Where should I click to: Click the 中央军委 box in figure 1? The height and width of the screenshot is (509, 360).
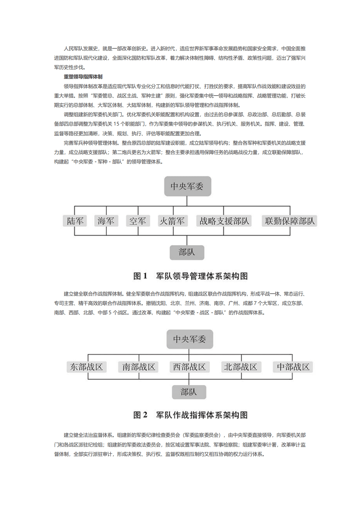point(187,186)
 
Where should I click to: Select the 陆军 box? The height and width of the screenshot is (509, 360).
point(75,221)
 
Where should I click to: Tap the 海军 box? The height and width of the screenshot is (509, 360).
point(106,221)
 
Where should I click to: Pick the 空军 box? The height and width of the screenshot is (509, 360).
point(138,221)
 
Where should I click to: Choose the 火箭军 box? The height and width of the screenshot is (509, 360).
point(172,221)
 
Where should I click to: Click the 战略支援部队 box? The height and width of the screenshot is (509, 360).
point(224,221)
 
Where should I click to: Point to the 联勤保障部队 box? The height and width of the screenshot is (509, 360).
point(290,221)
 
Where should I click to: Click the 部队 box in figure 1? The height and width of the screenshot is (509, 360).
point(187,252)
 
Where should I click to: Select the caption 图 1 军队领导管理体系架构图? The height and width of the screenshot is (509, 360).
point(190,276)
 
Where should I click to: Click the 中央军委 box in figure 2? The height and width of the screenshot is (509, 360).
point(190,339)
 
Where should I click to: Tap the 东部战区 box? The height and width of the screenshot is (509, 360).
point(87,367)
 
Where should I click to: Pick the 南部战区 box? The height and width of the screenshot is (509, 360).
point(139,367)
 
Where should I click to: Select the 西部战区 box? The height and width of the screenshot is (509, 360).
point(189,367)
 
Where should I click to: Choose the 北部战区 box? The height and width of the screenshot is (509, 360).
point(241,367)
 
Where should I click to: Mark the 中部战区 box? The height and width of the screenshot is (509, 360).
point(293,367)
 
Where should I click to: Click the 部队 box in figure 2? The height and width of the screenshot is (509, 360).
point(189,392)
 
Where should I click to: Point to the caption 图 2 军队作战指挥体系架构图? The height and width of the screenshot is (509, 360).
point(190,415)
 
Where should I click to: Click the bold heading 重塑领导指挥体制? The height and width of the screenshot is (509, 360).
point(83,77)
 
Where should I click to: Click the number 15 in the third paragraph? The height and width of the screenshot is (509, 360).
point(116,124)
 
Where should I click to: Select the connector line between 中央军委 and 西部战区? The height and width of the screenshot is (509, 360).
point(189,354)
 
